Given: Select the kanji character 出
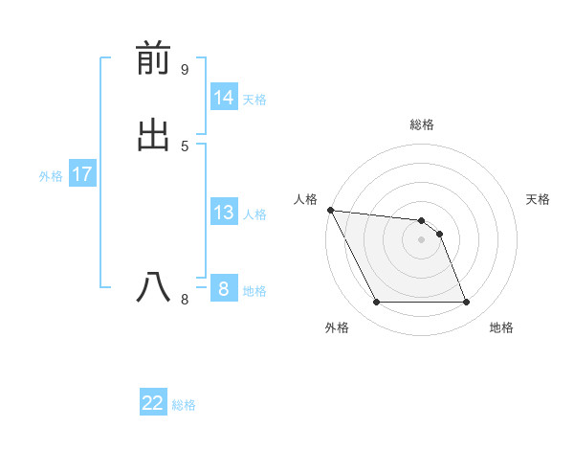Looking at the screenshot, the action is [153, 136].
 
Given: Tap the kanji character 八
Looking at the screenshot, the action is [153, 287].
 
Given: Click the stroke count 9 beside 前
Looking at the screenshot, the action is [185, 69].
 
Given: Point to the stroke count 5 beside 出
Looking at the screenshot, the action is [185, 146].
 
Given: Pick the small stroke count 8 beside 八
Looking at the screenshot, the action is [185, 300].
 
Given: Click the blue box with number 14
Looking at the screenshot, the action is [224, 98].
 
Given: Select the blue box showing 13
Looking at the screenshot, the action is [224, 213].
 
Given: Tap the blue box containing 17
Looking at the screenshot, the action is [82, 174].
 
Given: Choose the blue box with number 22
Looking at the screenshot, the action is [153, 403].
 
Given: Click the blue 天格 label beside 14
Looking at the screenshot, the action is [254, 100].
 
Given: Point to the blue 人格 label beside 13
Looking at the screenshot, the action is [254, 214].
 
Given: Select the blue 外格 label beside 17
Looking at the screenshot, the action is [51, 176].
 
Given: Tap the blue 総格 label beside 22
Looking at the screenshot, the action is [184, 405].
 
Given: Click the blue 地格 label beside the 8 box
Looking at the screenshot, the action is [254, 291].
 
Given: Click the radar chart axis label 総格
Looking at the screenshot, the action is [422, 124].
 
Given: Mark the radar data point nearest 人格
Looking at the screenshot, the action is [330, 210].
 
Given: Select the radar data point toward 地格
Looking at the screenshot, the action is [466, 303].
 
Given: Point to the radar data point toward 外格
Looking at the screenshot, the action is [377, 303].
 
